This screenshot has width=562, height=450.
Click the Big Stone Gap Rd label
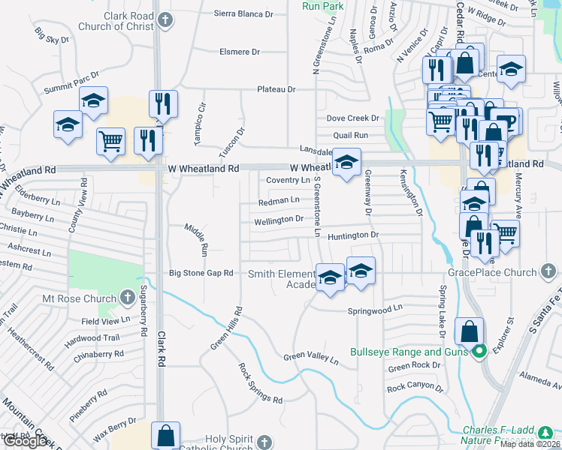201,274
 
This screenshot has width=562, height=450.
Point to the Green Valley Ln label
311,358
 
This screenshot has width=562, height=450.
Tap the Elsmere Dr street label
239,52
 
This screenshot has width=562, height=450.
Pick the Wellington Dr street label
279,219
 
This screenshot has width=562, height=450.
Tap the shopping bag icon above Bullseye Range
469,330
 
